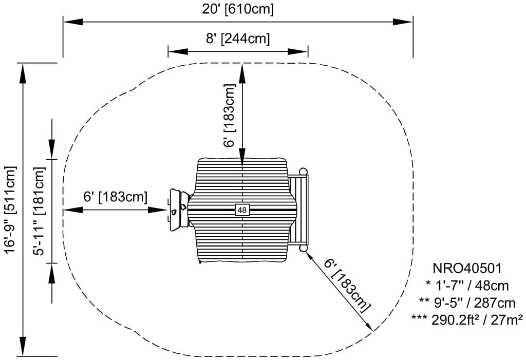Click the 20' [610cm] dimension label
coord(237,9)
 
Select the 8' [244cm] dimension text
coord(237,39)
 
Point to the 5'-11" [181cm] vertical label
coord(40,210)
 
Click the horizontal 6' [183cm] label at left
coord(116,196)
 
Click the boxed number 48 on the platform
coord(242,210)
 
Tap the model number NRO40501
coord(466,268)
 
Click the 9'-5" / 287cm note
coord(466,302)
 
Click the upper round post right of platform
coord(303,171)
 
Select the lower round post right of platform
coord(303,249)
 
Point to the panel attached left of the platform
coord(179,209)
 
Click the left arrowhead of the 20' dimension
coord(70,22)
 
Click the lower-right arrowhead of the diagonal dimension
coord(368,326)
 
